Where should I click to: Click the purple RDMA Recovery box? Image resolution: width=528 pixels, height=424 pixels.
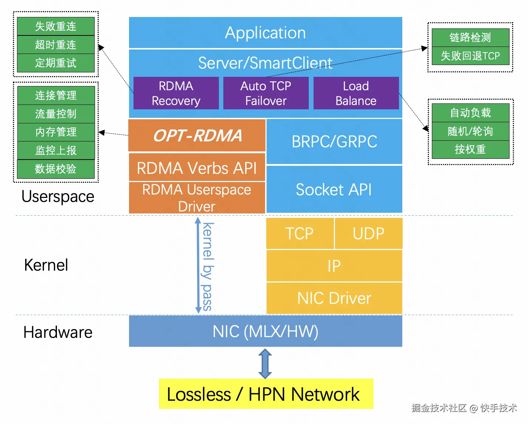[176, 93]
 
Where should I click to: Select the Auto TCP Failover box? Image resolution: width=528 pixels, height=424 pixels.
[266, 93]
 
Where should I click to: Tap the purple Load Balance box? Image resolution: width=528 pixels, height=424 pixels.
[356, 93]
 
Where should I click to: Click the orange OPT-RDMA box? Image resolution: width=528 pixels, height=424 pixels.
[197, 135]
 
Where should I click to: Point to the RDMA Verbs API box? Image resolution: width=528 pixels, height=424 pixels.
[197, 168]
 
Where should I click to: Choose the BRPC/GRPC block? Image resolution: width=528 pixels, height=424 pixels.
[334, 141]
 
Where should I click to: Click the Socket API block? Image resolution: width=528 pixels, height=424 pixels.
[334, 189]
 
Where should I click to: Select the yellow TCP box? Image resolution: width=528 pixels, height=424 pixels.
[299, 233]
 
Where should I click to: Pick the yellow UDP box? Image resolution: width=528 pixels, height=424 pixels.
[368, 233]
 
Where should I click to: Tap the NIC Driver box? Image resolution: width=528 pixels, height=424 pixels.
[334, 298]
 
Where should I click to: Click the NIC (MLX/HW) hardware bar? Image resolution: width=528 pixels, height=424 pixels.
[265, 331]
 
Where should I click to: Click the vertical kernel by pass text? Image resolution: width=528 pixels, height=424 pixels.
[208, 266]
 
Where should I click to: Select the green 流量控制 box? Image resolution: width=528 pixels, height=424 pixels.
[56, 114]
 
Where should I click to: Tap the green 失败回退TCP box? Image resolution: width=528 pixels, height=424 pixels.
[470, 56]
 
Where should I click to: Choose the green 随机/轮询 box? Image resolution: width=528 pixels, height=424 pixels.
[470, 131]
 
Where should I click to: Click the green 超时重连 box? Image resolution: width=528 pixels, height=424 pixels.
[56, 45]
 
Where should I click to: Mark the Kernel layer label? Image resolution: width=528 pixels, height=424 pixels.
[46, 265]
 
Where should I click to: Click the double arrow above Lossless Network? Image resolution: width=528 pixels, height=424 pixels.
[265, 363]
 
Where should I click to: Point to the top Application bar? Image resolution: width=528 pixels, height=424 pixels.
[265, 33]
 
